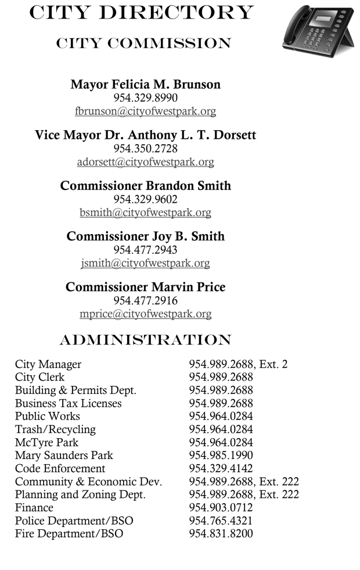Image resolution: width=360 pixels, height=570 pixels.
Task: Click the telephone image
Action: (x=318, y=29)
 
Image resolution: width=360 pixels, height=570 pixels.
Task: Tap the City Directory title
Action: (x=141, y=13)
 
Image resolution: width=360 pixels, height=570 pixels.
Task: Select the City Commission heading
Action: (x=143, y=44)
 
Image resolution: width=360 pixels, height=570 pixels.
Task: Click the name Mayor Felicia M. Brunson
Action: (x=145, y=84)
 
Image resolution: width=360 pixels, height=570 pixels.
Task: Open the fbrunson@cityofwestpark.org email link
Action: (x=145, y=111)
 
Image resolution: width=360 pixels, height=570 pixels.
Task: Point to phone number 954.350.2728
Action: (x=145, y=149)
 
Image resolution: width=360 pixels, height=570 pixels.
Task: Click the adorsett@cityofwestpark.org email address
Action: (x=145, y=162)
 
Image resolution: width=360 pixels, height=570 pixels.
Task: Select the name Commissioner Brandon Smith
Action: (x=145, y=186)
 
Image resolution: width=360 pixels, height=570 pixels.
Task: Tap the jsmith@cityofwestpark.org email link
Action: (x=145, y=263)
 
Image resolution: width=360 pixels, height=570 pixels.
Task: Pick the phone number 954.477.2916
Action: (x=145, y=301)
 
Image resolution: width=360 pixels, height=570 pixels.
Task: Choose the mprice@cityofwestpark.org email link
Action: (x=145, y=314)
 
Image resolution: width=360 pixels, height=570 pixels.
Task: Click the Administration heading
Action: (x=145, y=340)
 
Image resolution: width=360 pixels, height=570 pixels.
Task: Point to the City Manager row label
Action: (x=48, y=365)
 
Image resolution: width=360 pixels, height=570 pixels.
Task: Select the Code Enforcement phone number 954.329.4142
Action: (x=221, y=468)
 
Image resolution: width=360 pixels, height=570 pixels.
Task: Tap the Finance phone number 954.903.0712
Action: (x=221, y=508)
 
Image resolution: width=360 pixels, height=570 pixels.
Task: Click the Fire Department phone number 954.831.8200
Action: (x=221, y=533)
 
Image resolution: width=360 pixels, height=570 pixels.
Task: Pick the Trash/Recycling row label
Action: (x=55, y=429)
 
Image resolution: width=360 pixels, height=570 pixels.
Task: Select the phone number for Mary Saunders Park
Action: (x=221, y=456)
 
